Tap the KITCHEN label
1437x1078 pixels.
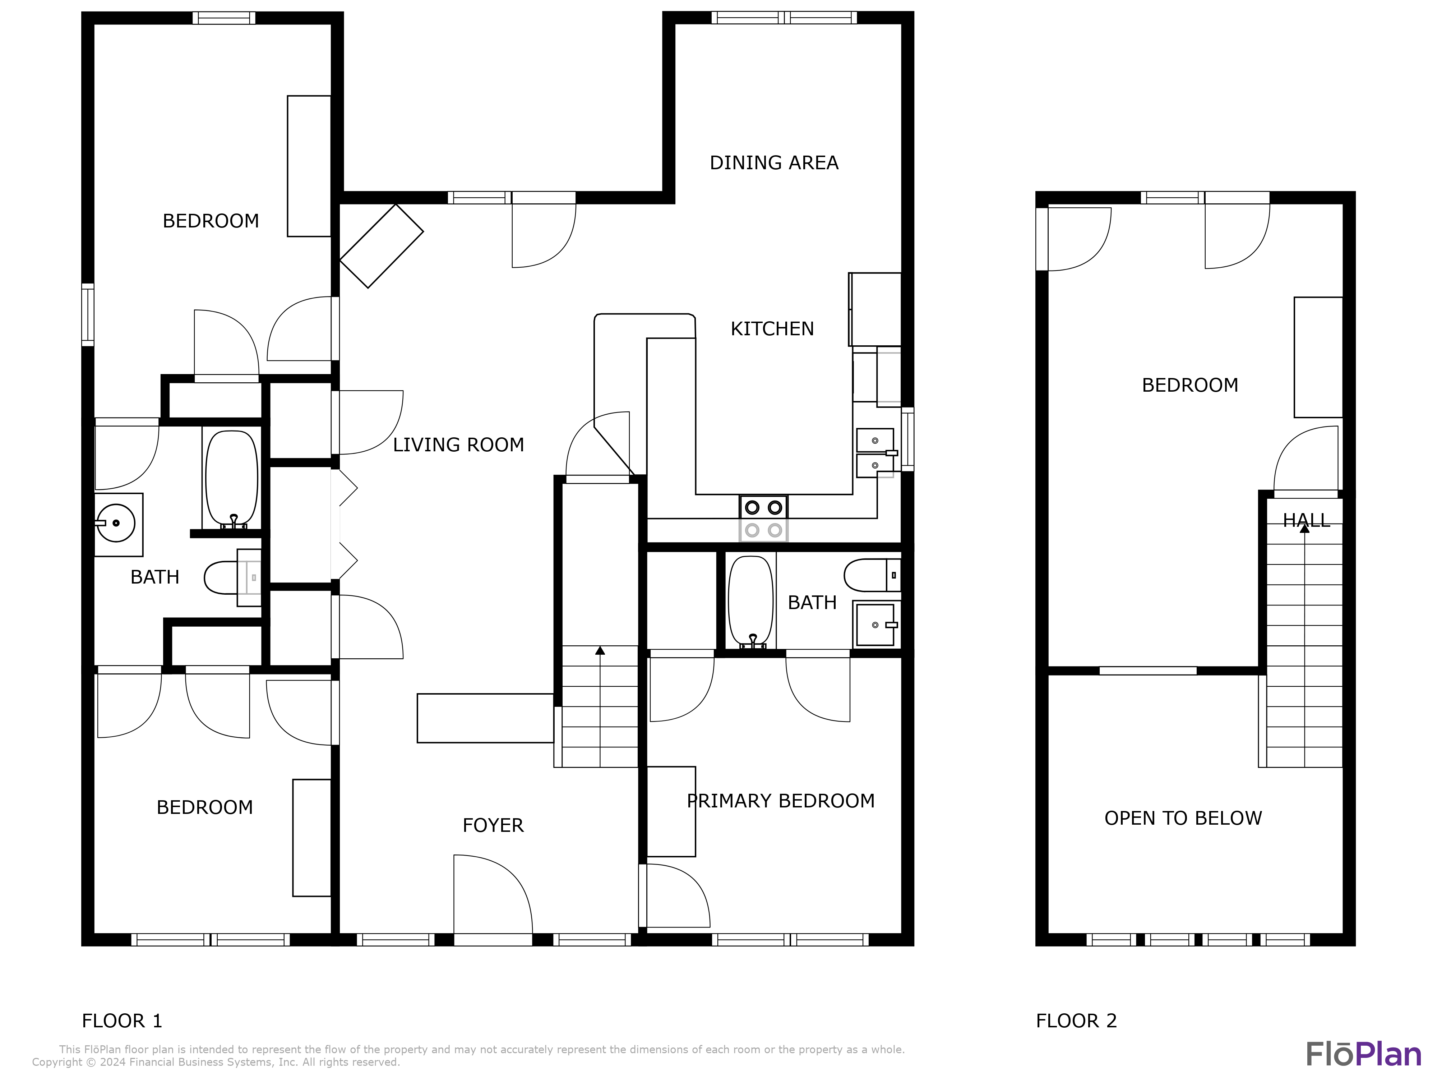pyautogui.click(x=772, y=329)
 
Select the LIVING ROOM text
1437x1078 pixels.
pyautogui.click(x=458, y=445)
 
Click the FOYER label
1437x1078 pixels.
pyautogui.click(x=493, y=825)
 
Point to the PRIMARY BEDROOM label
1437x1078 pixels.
pyautogui.click(x=780, y=801)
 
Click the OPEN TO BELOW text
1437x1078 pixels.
pyautogui.click(x=1182, y=818)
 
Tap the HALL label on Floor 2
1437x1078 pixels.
pyautogui.click(x=1306, y=520)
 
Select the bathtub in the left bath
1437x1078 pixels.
pyautogui.click(x=232, y=478)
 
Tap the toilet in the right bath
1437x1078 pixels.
pyautogui.click(x=870, y=575)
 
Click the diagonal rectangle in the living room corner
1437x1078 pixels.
pyautogui.click(x=381, y=246)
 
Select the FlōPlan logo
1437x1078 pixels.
pyautogui.click(x=1363, y=1054)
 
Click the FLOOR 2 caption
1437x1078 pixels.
pyautogui.click(x=1076, y=1021)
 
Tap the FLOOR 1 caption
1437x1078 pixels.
pyautogui.click(x=121, y=1021)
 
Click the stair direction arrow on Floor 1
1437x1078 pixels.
pyautogui.click(x=600, y=650)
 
